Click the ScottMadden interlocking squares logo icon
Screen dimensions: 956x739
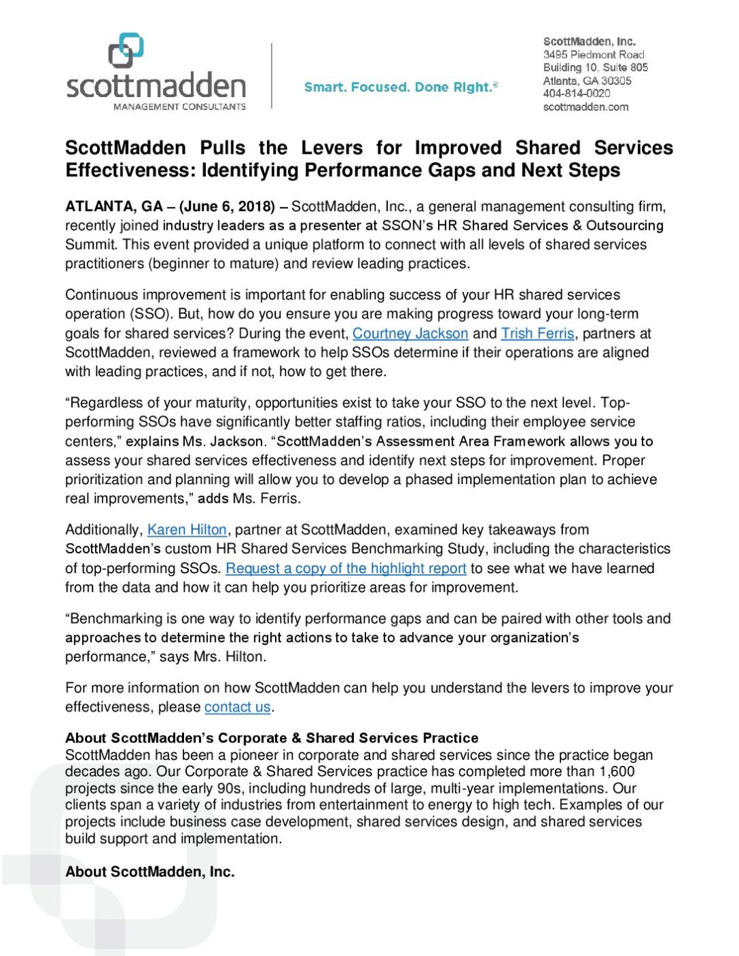[x=126, y=51]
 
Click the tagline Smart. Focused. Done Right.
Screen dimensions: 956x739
[x=400, y=88]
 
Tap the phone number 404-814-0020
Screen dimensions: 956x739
[x=576, y=94]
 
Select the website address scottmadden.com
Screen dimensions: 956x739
[x=585, y=107]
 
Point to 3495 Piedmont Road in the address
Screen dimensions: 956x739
[x=593, y=55]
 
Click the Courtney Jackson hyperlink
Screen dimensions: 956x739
[x=410, y=334]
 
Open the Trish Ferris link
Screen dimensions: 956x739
[x=537, y=334]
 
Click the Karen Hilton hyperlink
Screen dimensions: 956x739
[x=187, y=530]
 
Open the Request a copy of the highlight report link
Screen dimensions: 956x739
[x=346, y=568]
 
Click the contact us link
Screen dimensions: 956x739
[x=237, y=707]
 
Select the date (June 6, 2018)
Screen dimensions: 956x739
[x=227, y=207]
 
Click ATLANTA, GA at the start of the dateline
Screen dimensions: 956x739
[x=114, y=207]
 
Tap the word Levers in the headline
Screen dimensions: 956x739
[x=332, y=148]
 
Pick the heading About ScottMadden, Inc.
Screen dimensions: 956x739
[x=150, y=872]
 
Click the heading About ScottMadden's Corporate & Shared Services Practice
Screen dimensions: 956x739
[x=272, y=738]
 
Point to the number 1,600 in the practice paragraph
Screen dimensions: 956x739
[x=617, y=772]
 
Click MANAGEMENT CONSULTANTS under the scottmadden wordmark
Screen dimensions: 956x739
[x=179, y=107]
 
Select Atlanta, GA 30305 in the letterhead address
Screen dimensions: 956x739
[x=587, y=81]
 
